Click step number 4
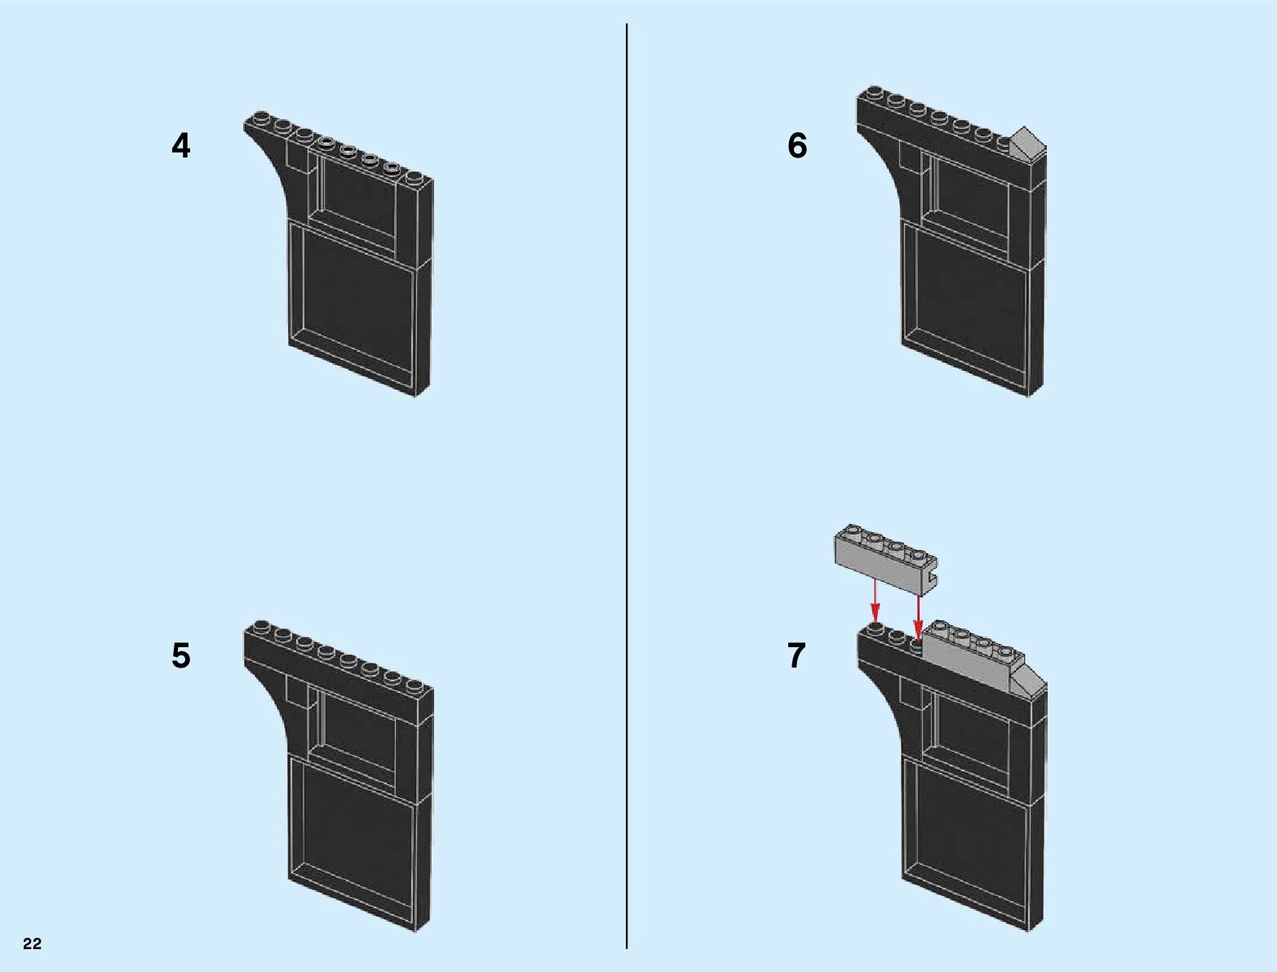(180, 146)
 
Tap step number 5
(180, 656)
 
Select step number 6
(796, 146)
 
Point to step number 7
(796, 656)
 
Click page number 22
(32, 944)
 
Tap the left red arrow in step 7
(875, 600)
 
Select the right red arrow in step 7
(919, 608)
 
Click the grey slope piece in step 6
(1026, 143)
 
